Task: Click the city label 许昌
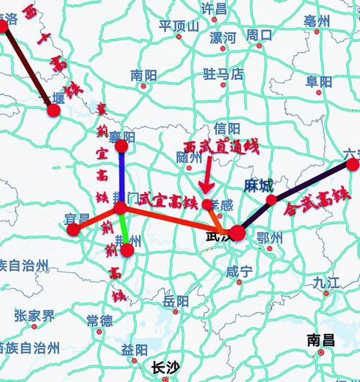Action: (214, 9)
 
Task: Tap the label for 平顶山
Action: (179, 26)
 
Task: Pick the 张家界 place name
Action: (34, 316)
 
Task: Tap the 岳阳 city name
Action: (176, 301)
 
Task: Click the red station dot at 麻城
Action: (271, 200)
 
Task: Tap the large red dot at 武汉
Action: (238, 233)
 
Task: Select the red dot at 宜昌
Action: (73, 230)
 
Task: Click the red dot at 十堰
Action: (53, 110)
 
